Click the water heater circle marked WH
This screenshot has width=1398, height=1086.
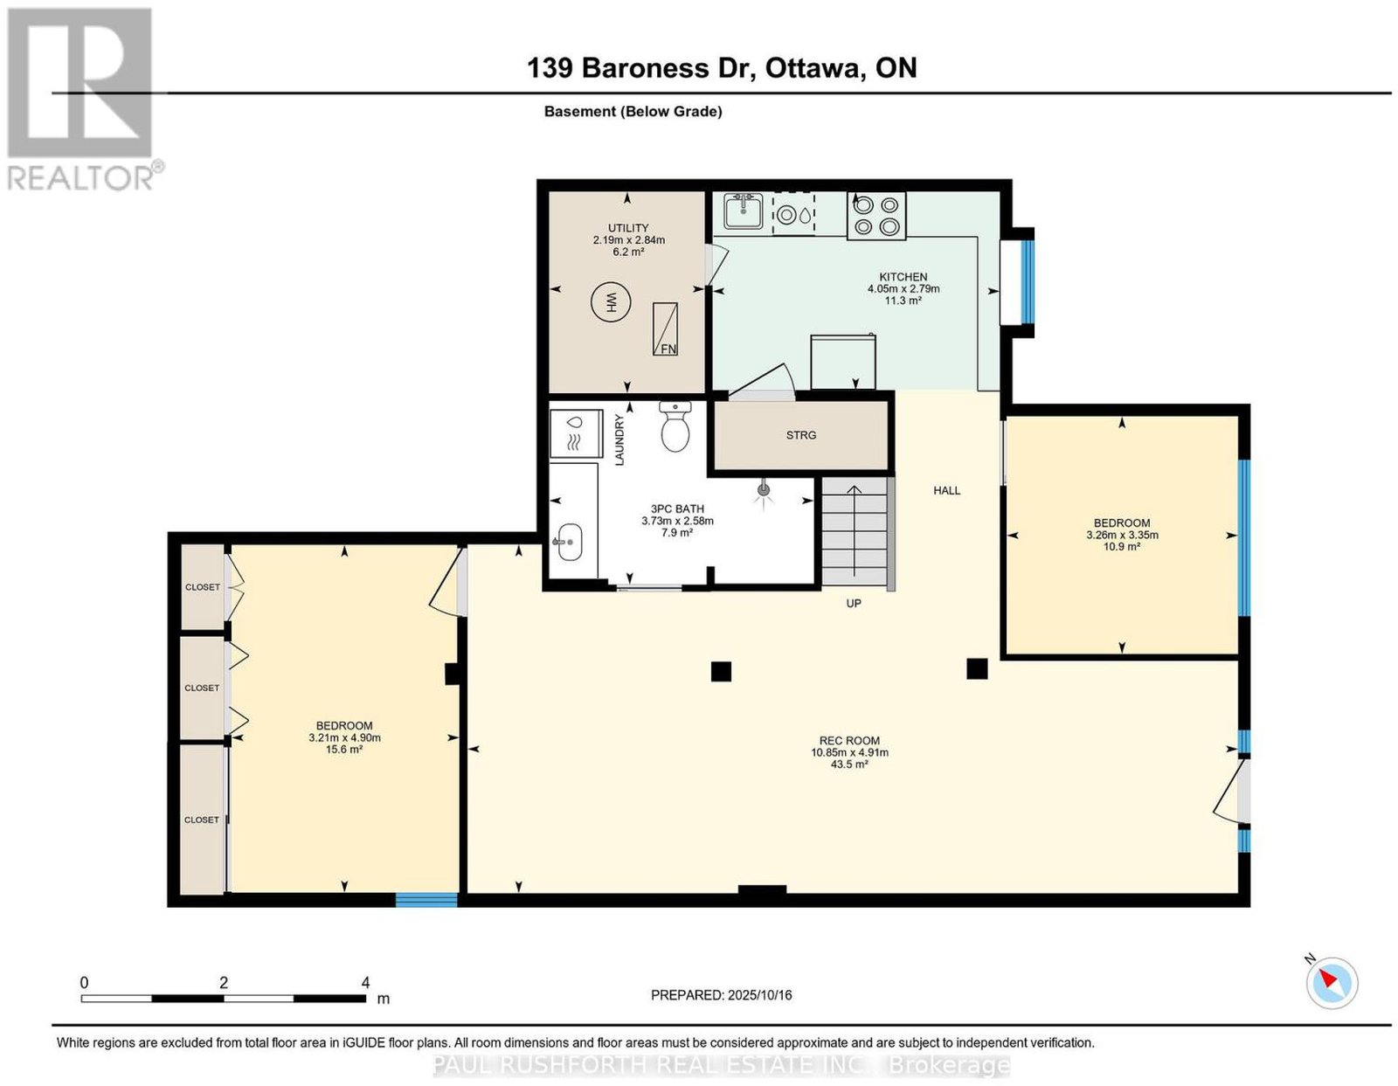click(610, 301)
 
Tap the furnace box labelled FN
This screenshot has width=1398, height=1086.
click(665, 329)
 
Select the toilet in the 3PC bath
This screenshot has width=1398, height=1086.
click(675, 425)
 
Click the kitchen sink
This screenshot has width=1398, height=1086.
click(743, 211)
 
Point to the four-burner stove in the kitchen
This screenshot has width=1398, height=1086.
click(876, 216)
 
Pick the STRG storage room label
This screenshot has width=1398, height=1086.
click(801, 435)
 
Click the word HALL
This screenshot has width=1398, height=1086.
click(946, 491)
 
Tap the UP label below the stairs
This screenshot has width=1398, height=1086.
click(853, 603)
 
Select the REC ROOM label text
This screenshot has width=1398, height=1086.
click(849, 740)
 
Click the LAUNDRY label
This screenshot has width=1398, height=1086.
click(619, 439)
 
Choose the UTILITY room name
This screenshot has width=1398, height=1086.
click(628, 228)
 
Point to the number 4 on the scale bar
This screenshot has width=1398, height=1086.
click(365, 983)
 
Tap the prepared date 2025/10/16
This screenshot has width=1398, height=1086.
click(759, 995)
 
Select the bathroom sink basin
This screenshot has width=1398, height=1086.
click(569, 542)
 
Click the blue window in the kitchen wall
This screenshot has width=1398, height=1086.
click(1028, 281)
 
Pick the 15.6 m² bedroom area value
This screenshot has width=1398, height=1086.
click(343, 750)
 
